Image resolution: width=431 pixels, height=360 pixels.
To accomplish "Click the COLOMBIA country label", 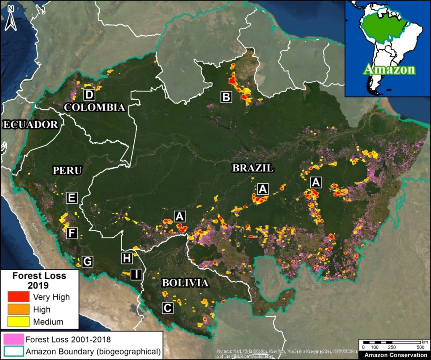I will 94,107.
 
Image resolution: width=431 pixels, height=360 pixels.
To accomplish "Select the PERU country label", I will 67,170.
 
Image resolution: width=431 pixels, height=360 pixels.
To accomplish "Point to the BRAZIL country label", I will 253,168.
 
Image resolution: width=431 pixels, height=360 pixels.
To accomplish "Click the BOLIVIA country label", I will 185,283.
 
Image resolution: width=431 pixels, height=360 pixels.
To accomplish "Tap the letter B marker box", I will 226,98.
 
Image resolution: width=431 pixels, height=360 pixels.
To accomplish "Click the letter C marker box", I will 168,308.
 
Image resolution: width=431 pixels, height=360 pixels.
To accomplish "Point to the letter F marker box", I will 72,233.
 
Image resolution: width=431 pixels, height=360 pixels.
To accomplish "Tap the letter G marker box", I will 87,261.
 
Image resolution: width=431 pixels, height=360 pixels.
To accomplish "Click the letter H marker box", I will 127,257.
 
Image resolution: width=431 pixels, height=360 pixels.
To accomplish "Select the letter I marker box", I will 136,274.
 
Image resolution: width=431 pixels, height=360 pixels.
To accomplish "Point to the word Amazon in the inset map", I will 389,69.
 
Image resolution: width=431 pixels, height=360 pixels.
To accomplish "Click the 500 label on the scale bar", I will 420,347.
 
